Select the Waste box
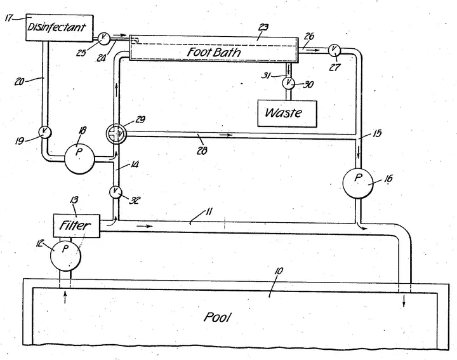(x=282, y=113)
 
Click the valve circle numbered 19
(x=44, y=131)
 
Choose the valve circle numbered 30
(x=289, y=82)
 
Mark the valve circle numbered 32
(x=116, y=191)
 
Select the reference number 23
(x=263, y=27)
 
